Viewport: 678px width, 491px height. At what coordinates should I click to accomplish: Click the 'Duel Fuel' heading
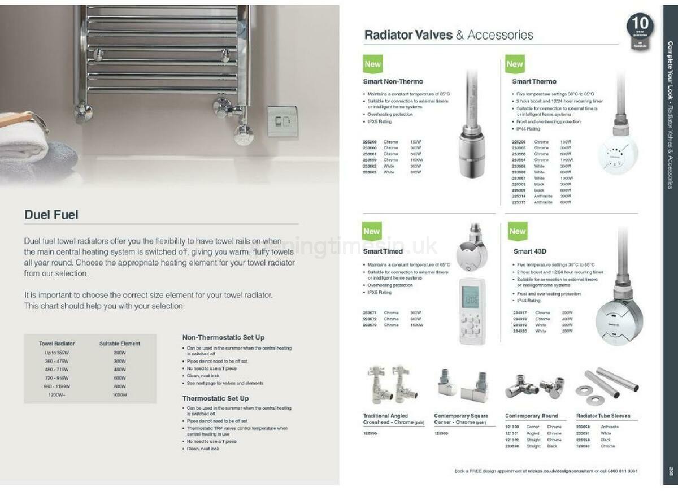(x=51, y=215)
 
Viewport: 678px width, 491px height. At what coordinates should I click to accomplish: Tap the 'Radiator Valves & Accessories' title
(x=449, y=34)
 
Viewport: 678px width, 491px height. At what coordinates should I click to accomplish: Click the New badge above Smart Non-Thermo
(x=372, y=64)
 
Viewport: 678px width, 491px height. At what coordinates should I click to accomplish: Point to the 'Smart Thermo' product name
(x=534, y=81)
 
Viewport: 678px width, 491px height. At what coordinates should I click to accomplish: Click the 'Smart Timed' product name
(x=383, y=251)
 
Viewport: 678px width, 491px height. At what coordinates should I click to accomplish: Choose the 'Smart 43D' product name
(x=529, y=251)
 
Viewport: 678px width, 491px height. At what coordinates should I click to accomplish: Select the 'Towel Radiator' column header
(x=56, y=343)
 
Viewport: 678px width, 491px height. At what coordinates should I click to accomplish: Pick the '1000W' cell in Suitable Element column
(x=120, y=394)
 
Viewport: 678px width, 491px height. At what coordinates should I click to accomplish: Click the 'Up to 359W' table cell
(x=56, y=352)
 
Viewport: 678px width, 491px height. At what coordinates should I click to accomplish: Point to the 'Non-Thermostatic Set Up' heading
(x=223, y=337)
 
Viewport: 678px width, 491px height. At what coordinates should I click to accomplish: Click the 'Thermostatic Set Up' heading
(x=215, y=398)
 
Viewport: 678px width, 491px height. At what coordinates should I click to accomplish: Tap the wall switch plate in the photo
(x=282, y=121)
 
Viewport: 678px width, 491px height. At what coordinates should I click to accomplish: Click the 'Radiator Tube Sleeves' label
(x=603, y=415)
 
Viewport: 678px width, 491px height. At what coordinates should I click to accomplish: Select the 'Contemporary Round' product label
(x=531, y=415)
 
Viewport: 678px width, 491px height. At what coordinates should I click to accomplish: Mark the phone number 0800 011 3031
(x=621, y=471)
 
